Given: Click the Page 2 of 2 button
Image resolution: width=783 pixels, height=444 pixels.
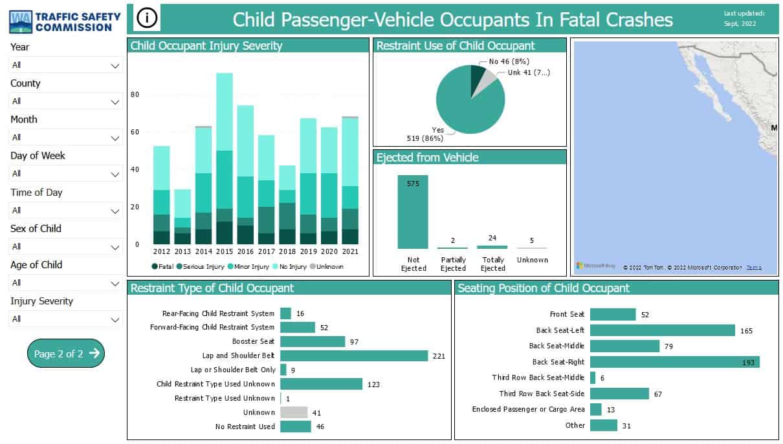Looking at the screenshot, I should (66, 354).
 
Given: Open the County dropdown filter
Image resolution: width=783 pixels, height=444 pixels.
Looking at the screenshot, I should (66, 101).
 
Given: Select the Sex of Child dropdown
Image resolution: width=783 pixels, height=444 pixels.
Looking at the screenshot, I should (66, 246).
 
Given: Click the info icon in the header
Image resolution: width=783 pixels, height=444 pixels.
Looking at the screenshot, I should (147, 19).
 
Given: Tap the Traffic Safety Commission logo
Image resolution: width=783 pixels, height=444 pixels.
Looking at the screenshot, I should (65, 21).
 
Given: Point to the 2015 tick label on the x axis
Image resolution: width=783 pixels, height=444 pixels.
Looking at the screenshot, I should (224, 252).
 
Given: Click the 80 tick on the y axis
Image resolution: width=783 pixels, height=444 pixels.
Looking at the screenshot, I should (135, 94).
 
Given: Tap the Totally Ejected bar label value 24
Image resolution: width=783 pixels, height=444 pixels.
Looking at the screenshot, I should (492, 238).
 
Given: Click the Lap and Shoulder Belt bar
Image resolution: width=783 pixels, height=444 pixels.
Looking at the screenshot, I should (353, 355).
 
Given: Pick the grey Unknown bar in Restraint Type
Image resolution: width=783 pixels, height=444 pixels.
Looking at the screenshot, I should (294, 412).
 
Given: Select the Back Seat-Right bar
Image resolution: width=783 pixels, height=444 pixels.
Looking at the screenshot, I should (674, 362).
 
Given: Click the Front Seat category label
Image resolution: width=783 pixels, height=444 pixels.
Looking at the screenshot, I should (567, 315).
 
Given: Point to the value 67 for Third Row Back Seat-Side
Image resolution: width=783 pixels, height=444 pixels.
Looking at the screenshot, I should (658, 394).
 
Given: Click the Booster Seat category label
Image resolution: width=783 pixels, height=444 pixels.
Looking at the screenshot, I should (253, 341).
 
